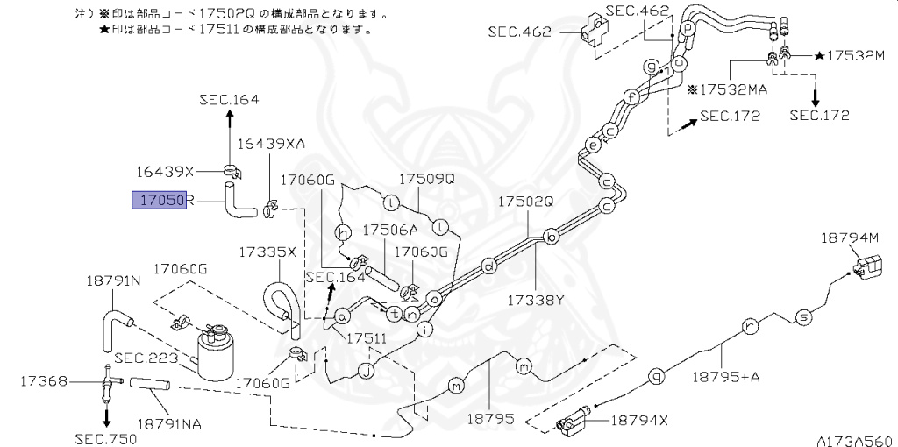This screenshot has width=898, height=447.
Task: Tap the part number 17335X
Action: pos(267,252)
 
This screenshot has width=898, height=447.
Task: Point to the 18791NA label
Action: pos(169,424)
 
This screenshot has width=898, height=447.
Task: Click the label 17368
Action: pos(41,381)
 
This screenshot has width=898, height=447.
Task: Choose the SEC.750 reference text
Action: pos(103,438)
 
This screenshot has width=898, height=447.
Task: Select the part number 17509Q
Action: pos(427,178)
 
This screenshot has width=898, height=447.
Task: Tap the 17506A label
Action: pos(390,230)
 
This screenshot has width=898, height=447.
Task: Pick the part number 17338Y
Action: pos(535,300)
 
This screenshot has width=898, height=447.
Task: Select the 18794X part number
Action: pos(634,420)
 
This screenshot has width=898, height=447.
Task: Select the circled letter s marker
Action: pos(801,316)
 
